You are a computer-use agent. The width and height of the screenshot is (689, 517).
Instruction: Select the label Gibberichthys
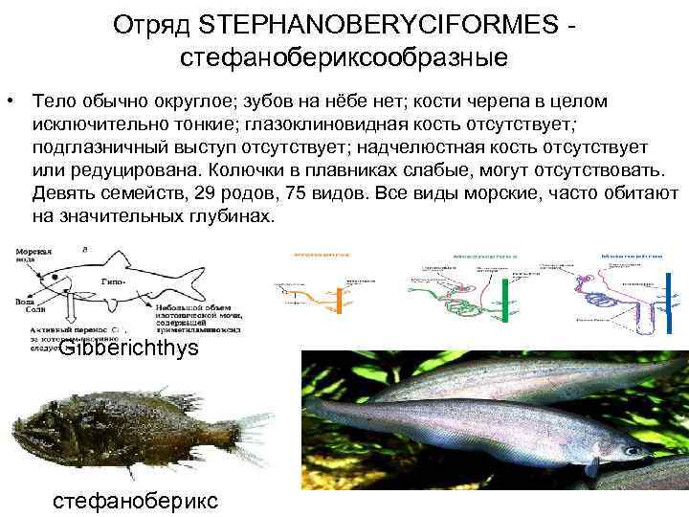tap(128, 348)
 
